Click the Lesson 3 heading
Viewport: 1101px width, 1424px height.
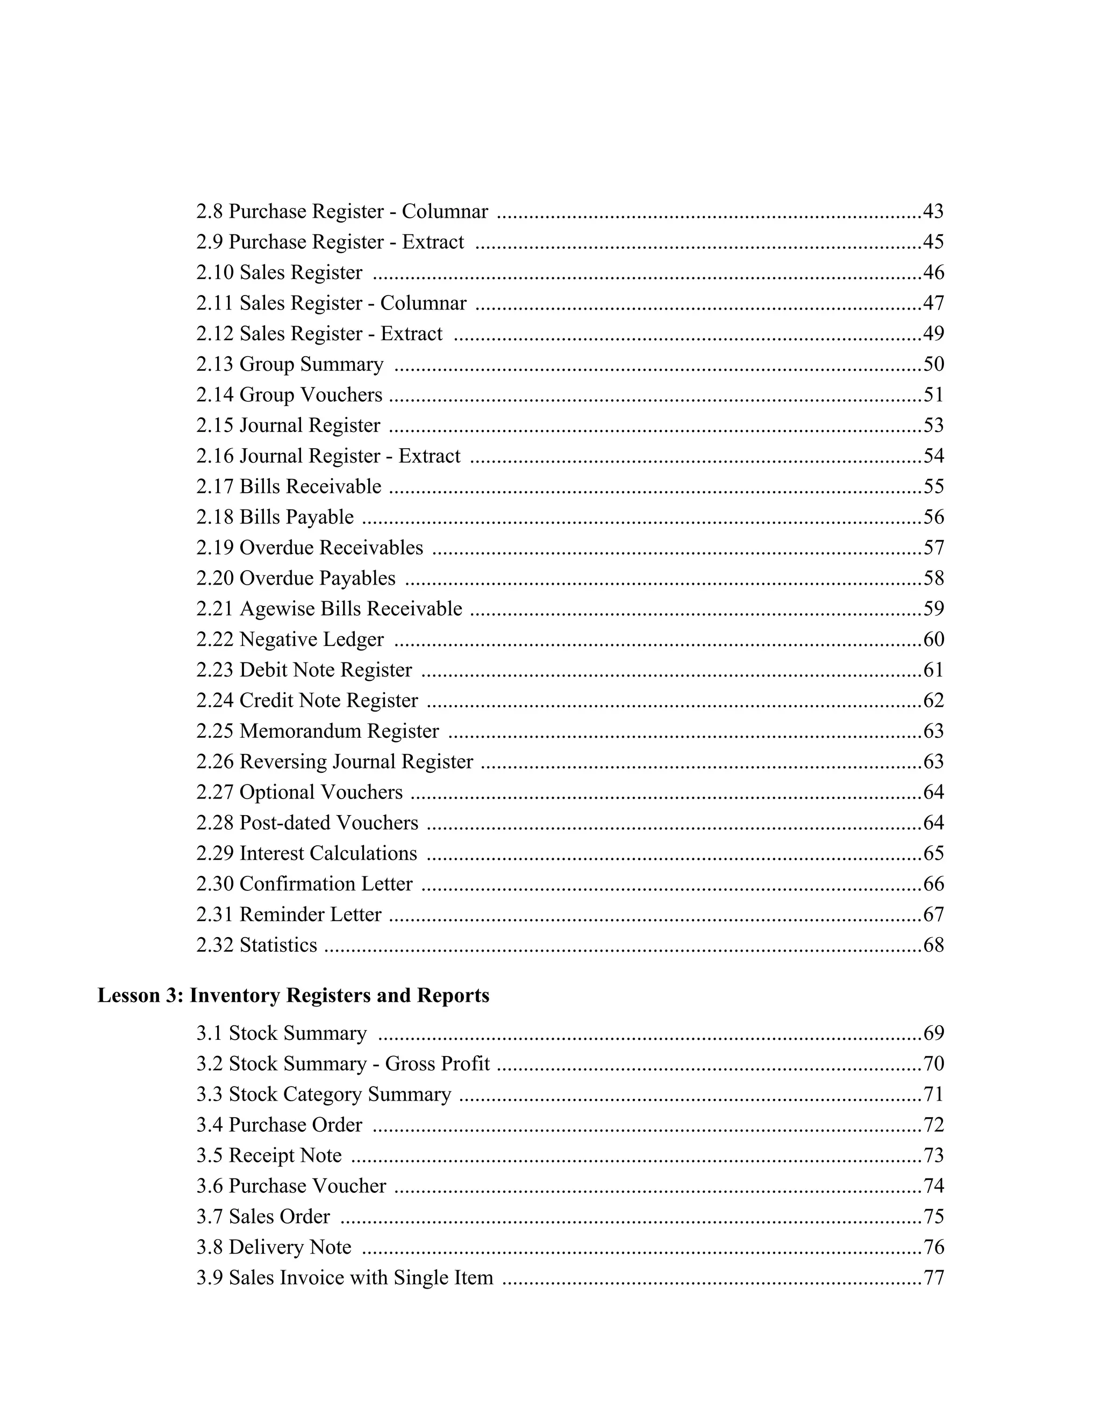click(x=293, y=996)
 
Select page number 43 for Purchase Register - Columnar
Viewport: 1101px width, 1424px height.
click(x=933, y=211)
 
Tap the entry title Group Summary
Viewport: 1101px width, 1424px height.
click(x=311, y=364)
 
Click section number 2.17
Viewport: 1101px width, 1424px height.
click(x=215, y=486)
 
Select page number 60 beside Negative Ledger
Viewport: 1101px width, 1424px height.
click(x=933, y=639)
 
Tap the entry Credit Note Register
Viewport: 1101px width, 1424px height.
click(x=328, y=700)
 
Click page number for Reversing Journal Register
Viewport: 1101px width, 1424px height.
click(x=933, y=761)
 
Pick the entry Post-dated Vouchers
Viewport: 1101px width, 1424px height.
click(x=328, y=822)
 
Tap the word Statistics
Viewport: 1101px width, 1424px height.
click(x=278, y=945)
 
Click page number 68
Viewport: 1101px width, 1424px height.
click(x=933, y=945)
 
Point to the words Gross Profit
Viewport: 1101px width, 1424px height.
click(x=437, y=1063)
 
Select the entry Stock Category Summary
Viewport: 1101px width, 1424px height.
click(x=340, y=1094)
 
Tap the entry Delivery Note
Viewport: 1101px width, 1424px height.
click(x=290, y=1247)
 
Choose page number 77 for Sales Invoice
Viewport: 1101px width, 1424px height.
click(x=933, y=1277)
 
